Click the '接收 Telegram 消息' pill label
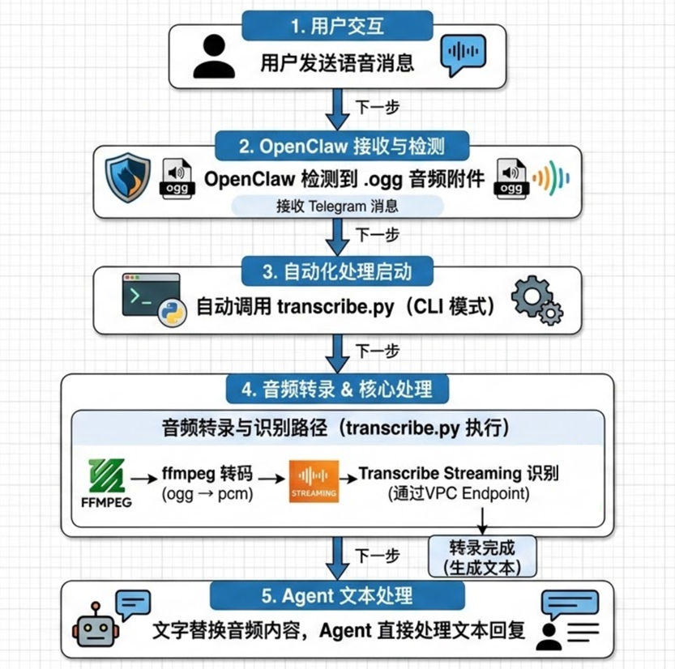click(338, 206)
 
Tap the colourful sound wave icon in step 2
click(552, 177)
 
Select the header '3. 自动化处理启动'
click(338, 270)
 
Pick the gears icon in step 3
click(533, 301)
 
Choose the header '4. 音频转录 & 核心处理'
click(336, 390)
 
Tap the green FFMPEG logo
click(109, 483)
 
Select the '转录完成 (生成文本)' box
click(485, 556)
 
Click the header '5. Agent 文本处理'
click(336, 596)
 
